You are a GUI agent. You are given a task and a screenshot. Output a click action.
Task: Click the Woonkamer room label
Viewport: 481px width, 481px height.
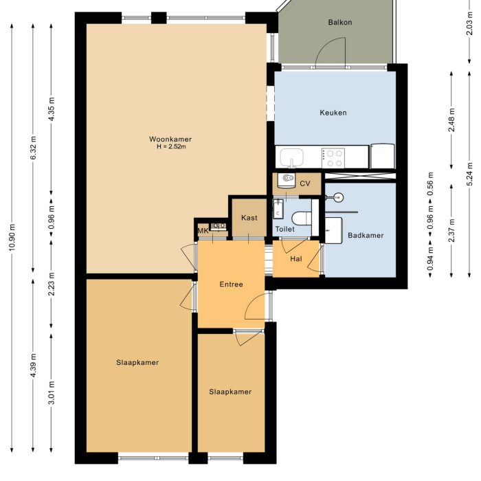(170, 139)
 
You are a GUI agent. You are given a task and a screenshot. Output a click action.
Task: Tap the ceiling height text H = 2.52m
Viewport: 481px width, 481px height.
(170, 146)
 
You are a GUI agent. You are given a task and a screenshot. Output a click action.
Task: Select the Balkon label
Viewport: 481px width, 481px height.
(340, 22)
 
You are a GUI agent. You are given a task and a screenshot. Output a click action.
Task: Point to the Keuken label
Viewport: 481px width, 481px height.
(333, 113)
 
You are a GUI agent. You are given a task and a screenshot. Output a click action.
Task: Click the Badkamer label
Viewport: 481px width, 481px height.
(365, 235)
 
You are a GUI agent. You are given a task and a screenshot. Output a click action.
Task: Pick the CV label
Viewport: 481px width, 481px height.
(305, 183)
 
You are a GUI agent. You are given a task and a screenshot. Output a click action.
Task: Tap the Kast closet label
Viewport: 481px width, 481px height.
(249, 218)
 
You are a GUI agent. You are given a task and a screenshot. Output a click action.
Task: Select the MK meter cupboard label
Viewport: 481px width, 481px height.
(203, 231)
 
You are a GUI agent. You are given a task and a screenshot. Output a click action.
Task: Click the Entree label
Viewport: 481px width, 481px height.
(231, 284)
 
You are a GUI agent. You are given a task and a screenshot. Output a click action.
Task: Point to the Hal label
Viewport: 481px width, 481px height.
(296, 258)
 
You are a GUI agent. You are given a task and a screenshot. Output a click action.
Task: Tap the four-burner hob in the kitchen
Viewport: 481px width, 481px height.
(334, 158)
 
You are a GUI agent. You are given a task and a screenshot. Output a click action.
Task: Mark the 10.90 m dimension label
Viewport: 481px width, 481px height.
(12, 238)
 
